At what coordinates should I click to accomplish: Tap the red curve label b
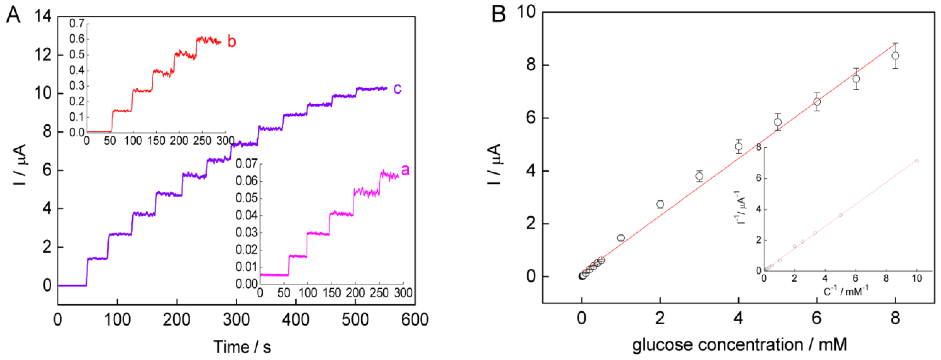pos(231,41)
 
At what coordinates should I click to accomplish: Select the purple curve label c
pos(397,88)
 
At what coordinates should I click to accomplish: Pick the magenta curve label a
pos(405,170)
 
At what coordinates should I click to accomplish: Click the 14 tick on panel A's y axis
pos(43,16)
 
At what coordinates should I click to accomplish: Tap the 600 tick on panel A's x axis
pos(415,320)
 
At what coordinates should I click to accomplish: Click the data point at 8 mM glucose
pos(895,55)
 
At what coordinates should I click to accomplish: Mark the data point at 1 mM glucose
pos(621,238)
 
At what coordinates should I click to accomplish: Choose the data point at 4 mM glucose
pos(738,146)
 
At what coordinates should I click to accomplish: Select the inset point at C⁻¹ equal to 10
pos(916,161)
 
